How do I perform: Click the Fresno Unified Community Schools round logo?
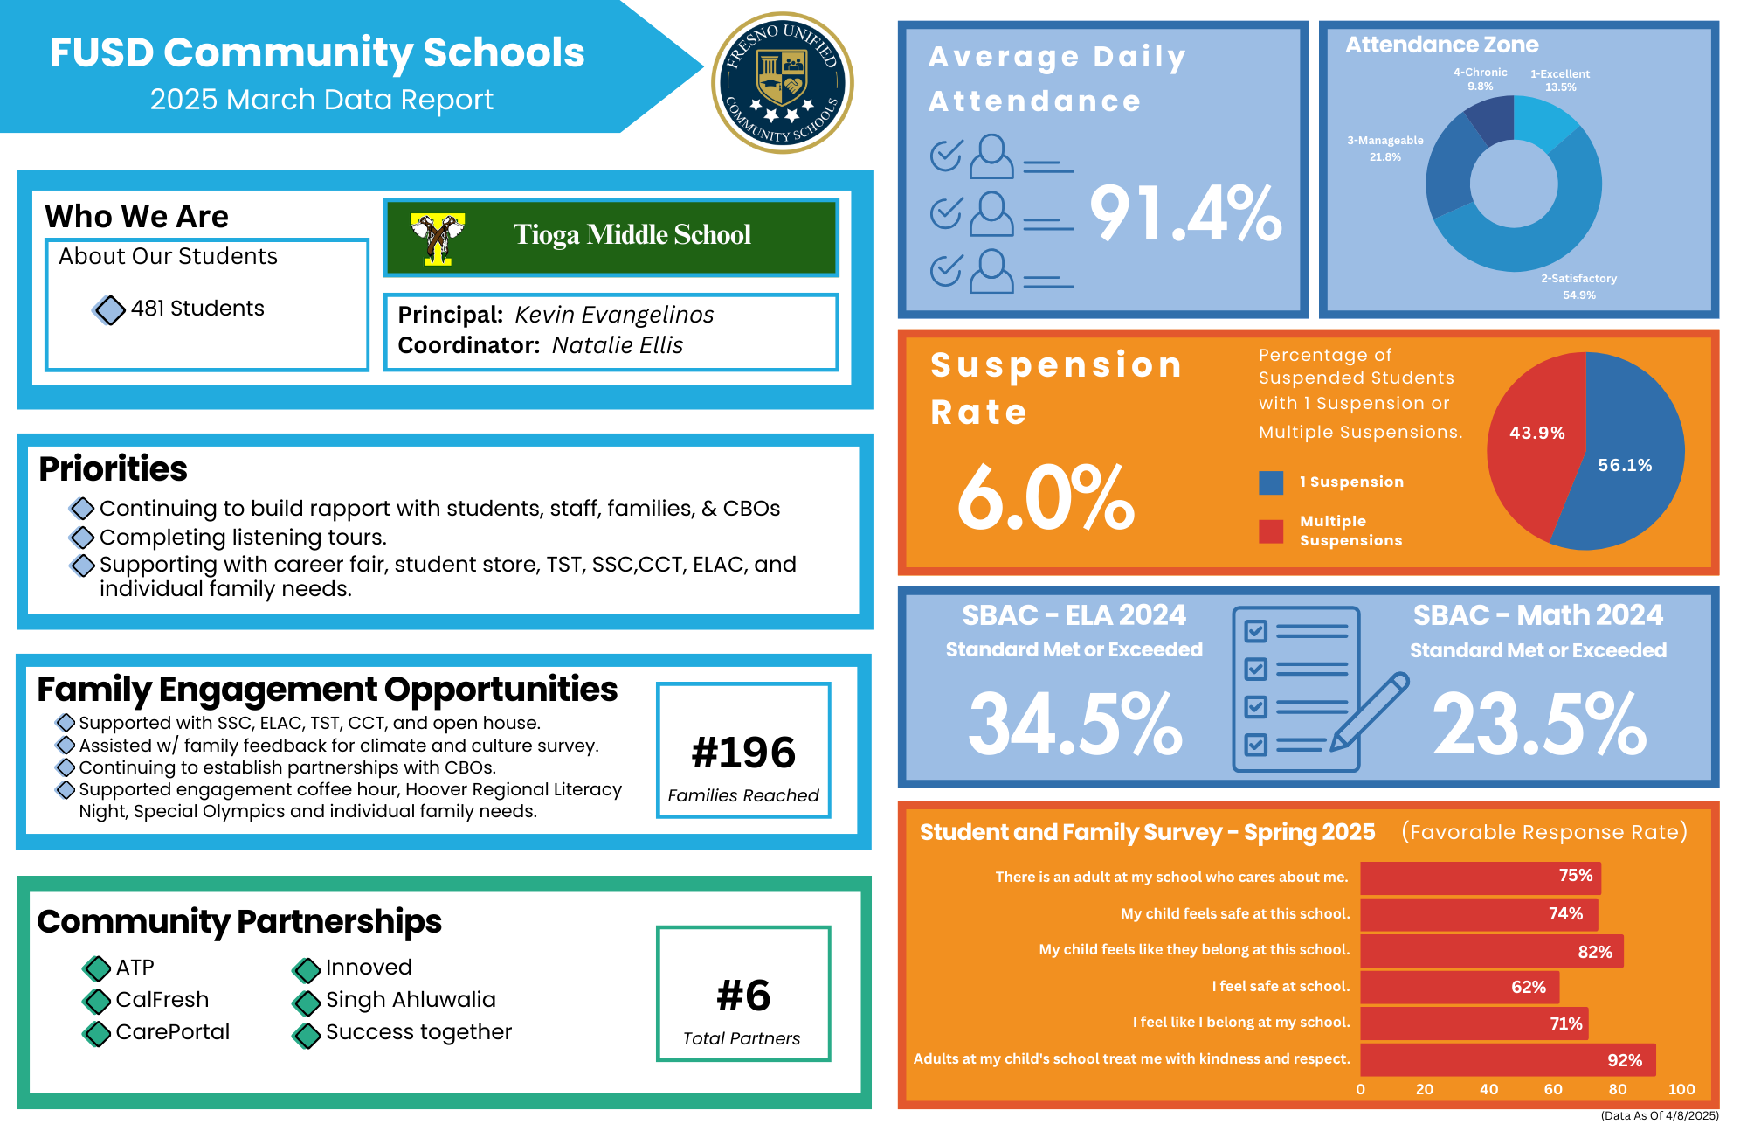pos(783,83)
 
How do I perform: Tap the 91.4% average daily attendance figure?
pos(1185,213)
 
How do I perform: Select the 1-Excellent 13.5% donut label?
pos(1560,80)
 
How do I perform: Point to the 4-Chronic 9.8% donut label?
pos(1481,80)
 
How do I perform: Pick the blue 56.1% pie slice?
pos(1625,472)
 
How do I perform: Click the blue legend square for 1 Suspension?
pos(1271,482)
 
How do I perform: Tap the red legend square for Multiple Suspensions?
pos(1271,531)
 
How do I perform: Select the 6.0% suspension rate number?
pos(1046,498)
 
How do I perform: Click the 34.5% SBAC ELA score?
pos(1075,724)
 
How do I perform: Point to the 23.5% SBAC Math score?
pos(1539,724)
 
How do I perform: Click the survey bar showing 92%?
pos(1508,1060)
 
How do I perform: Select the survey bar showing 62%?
pos(1459,987)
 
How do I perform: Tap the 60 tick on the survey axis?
pos(1553,1089)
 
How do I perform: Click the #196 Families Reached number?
pos(743,753)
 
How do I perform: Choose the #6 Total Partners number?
pos(743,996)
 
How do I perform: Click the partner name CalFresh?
pos(162,1000)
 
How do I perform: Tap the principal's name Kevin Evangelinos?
pos(614,315)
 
